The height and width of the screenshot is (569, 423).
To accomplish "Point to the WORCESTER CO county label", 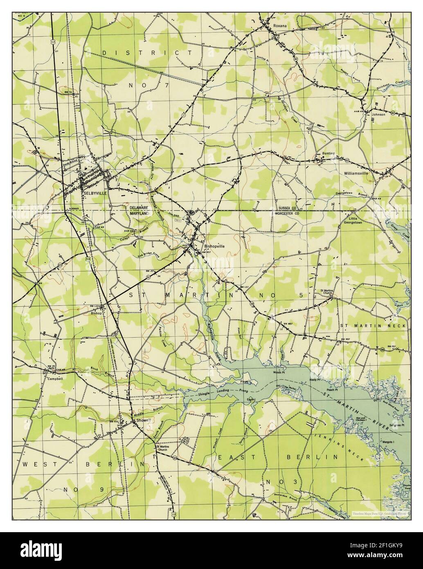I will click(288, 213).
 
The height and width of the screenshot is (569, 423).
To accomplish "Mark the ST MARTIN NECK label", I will click(373, 325).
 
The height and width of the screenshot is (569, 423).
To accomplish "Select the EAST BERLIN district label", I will click(278, 456).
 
